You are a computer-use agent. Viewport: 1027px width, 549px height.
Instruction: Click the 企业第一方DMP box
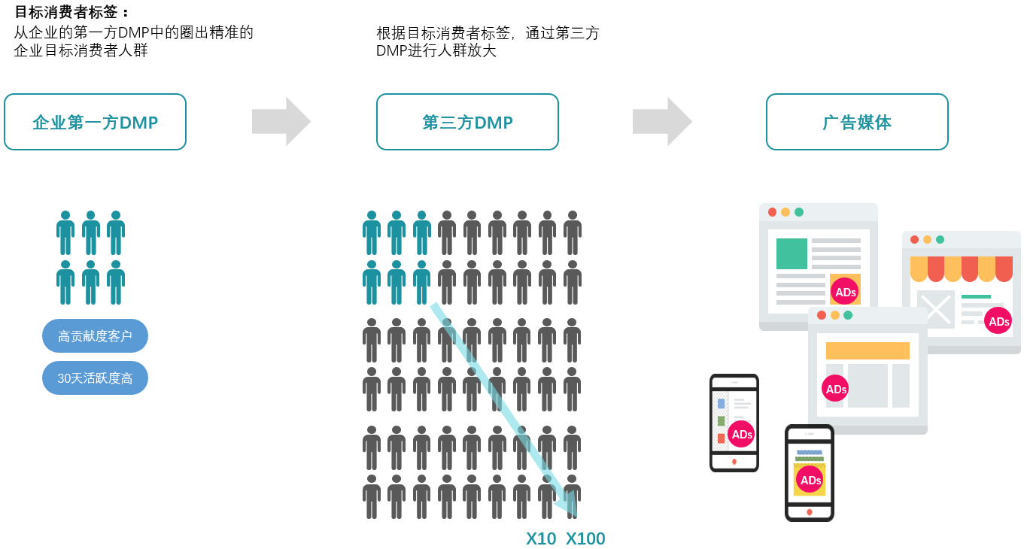click(95, 122)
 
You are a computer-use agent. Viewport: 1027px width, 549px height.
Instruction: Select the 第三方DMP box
click(467, 122)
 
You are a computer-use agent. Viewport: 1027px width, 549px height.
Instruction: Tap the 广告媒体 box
click(857, 122)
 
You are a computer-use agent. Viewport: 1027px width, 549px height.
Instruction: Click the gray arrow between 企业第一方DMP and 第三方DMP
click(281, 121)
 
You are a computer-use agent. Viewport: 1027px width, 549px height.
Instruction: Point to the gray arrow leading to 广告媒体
click(661, 121)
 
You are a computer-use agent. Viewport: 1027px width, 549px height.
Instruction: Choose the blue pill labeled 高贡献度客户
click(95, 335)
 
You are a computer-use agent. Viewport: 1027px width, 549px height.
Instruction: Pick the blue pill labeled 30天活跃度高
click(95, 378)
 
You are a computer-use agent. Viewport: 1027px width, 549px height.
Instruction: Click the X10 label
click(541, 538)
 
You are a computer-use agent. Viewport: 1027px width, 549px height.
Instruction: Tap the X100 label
click(585, 538)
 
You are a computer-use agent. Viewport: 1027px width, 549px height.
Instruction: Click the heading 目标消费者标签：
click(72, 12)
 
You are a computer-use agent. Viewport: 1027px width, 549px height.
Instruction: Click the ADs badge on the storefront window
click(998, 321)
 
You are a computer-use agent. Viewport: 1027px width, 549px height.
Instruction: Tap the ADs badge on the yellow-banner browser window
click(836, 389)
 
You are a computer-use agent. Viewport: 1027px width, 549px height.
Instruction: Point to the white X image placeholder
click(936, 308)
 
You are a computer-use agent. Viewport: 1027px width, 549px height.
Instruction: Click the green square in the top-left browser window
click(792, 253)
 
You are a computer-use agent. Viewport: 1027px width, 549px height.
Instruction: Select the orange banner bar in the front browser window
click(867, 350)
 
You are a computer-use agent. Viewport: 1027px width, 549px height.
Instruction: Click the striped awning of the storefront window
click(961, 268)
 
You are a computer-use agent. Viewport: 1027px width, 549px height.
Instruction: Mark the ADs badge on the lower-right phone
click(810, 480)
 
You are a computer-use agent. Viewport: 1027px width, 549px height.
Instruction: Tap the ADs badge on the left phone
click(741, 434)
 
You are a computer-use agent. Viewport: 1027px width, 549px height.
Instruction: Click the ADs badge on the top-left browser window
click(845, 292)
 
